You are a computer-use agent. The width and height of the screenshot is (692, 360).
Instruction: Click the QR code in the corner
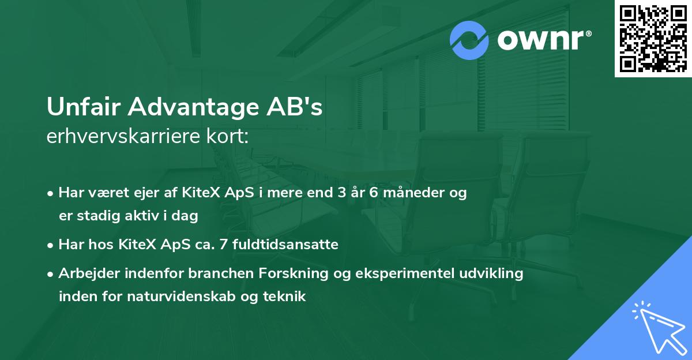(x=653, y=39)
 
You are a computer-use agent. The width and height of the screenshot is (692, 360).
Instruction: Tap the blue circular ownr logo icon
(x=469, y=40)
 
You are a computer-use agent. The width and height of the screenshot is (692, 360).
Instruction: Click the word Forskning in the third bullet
(x=304, y=273)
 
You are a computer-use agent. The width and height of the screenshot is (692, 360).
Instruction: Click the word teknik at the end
(x=284, y=297)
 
